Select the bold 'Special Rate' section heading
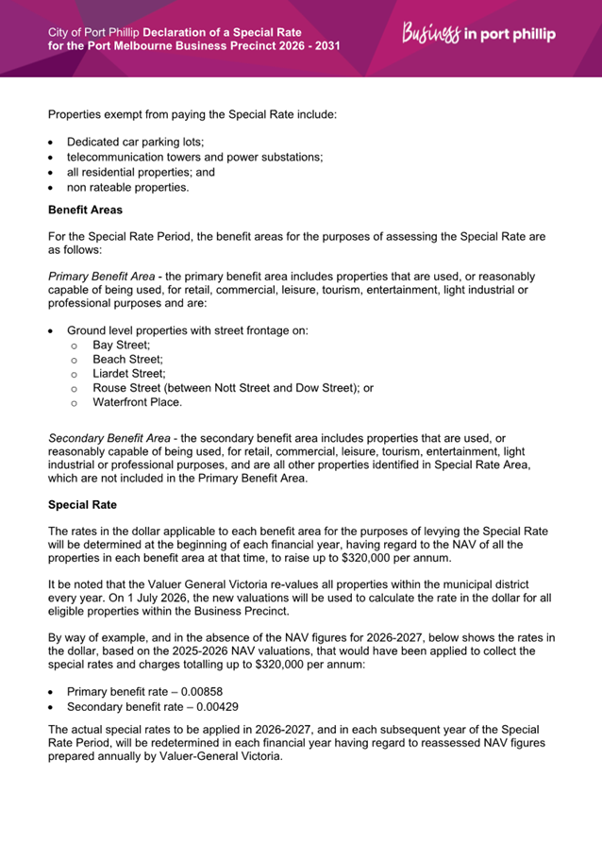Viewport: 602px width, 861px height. point(85,505)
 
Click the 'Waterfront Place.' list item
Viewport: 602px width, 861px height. point(137,402)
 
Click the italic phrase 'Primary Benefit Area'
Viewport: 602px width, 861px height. point(104,276)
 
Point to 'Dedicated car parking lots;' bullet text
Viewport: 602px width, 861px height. point(135,142)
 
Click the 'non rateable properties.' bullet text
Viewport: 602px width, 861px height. point(128,187)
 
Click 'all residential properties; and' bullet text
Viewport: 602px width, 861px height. point(141,172)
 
